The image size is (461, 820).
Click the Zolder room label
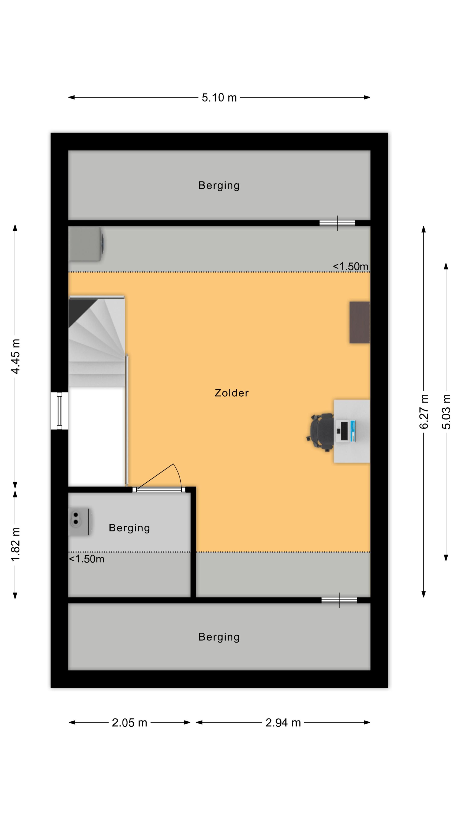click(x=231, y=393)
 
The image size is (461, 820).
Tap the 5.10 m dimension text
click(x=219, y=97)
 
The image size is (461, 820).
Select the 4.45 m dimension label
click(x=15, y=356)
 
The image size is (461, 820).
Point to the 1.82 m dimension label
click(x=15, y=544)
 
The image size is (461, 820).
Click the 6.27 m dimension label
click(x=424, y=411)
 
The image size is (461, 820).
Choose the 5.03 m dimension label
click(x=446, y=411)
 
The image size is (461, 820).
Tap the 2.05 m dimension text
click(x=129, y=723)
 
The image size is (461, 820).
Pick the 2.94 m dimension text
click(x=283, y=723)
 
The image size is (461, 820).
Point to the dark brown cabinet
click(x=359, y=322)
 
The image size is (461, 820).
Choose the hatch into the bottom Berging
click(x=339, y=600)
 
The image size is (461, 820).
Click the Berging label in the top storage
click(x=219, y=186)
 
